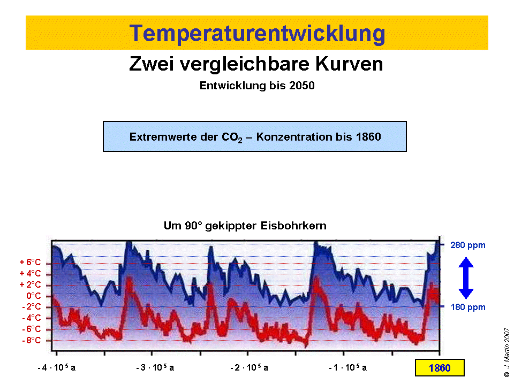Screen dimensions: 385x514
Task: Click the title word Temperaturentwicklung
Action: point(257,33)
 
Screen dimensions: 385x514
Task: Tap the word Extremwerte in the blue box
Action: point(158,136)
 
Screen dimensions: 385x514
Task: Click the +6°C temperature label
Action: point(31,263)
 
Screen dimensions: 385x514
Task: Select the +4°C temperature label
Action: point(31,274)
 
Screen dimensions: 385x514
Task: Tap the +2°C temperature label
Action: point(31,284)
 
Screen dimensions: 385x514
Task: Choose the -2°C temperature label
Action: point(32,307)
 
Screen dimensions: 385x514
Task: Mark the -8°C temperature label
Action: point(32,340)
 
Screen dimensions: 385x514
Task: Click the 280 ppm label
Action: point(468,245)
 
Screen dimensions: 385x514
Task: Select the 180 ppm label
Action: point(468,307)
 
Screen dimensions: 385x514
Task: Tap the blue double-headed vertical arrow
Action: point(466,278)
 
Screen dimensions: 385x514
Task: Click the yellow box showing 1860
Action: point(439,368)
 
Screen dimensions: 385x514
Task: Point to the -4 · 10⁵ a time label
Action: point(57,368)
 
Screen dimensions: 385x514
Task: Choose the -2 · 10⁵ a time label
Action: point(250,368)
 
